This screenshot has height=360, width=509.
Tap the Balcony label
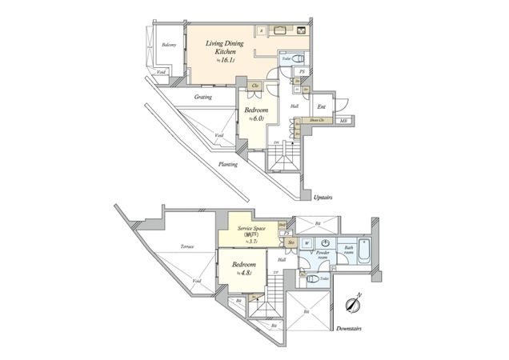168,45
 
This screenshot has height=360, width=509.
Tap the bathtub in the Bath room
364,254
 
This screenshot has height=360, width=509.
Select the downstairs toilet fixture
311,279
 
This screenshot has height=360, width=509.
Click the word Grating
202,98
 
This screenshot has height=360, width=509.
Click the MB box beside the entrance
343,122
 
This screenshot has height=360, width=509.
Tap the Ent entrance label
320,106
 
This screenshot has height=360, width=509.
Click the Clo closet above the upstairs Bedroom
255,85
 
